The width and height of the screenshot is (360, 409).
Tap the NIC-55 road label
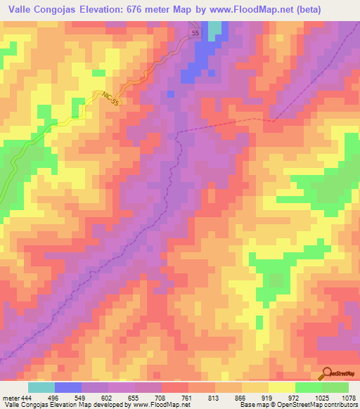pos(110,98)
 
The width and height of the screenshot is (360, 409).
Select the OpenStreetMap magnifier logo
pos(326,375)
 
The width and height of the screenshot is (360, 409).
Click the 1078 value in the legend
pos(348,397)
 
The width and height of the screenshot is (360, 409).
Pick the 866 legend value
pos(241,397)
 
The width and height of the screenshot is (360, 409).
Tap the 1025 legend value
pos(321,397)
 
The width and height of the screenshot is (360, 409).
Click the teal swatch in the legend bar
pos(41,387)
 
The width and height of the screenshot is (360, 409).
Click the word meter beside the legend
pos(11,397)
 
